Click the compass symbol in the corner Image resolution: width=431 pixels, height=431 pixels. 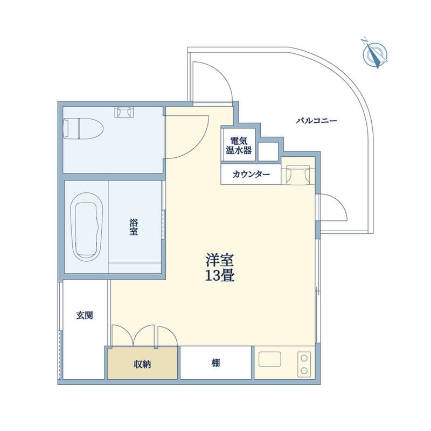point(375,53)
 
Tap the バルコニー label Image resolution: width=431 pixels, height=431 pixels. point(316,121)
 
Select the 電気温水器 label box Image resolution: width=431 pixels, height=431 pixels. point(238,144)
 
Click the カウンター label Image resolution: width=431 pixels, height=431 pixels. point(252,175)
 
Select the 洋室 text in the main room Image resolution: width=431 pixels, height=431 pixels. point(219,260)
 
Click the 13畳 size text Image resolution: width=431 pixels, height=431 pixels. point(219,276)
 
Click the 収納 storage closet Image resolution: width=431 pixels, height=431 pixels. point(142,364)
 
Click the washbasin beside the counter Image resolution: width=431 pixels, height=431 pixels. point(297,174)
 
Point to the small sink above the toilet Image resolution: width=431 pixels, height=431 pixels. point(123,112)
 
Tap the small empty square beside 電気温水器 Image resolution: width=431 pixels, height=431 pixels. point(268,151)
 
